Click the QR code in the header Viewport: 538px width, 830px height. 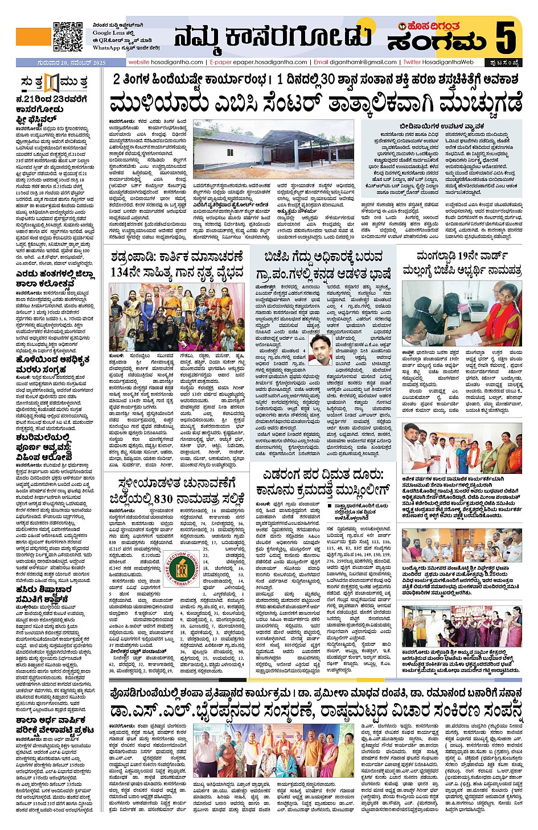[x=68, y=36]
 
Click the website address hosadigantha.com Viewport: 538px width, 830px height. [x=166, y=62]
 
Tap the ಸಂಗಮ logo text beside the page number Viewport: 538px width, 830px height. [x=437, y=42]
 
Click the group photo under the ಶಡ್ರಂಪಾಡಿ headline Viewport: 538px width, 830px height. [x=177, y=317]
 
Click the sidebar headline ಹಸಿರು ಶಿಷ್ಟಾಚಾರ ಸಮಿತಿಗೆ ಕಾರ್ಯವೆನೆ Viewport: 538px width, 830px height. [x=51, y=594]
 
